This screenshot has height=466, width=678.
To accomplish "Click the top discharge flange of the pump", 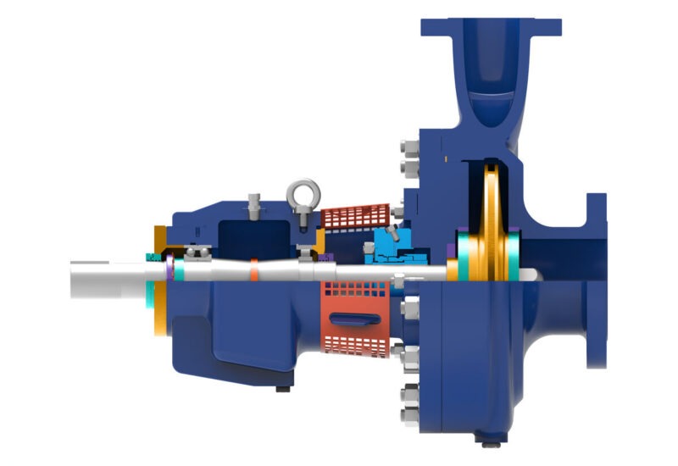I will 491,26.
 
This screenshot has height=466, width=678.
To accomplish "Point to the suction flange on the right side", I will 597,280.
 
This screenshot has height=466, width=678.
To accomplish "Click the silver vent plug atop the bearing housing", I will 252,205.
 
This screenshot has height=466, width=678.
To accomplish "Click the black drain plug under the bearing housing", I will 281,389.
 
